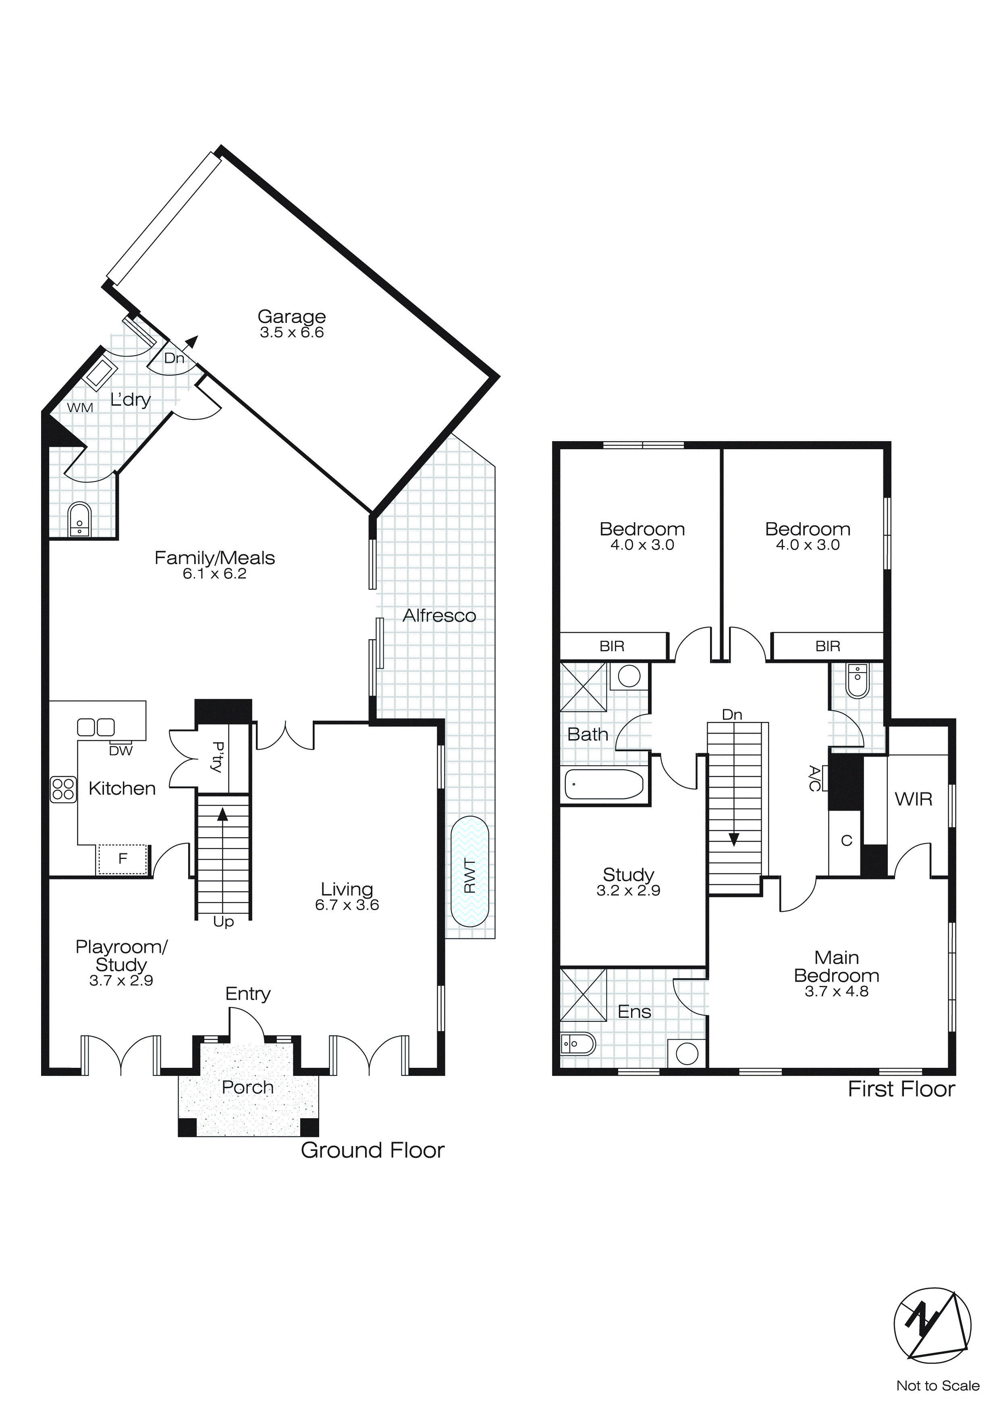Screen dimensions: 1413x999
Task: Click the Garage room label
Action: click(292, 316)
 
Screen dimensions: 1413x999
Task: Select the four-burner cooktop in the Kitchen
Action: click(63, 789)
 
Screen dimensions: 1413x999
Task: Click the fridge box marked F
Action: click(123, 859)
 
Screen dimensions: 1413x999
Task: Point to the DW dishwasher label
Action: click(120, 751)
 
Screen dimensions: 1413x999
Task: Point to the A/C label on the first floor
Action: click(814, 779)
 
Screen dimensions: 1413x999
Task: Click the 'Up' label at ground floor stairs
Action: click(223, 921)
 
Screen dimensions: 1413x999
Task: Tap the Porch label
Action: click(247, 1088)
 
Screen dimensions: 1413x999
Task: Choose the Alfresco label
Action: click(439, 615)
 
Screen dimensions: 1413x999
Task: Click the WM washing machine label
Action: click(80, 407)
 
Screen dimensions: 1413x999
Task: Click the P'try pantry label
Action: click(216, 757)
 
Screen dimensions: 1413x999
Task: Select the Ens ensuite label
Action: click(634, 1012)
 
